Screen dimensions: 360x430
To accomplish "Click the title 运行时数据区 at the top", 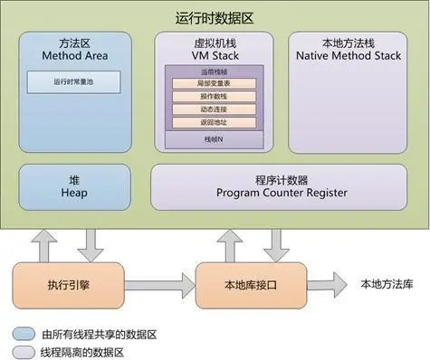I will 214,17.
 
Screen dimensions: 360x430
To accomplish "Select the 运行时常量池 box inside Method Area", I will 73,81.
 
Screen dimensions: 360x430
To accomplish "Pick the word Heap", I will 73,193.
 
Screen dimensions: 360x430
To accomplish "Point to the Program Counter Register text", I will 282,193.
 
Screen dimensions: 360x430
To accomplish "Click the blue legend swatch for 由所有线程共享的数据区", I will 21,333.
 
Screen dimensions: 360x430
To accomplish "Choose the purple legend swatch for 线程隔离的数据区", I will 21,351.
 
